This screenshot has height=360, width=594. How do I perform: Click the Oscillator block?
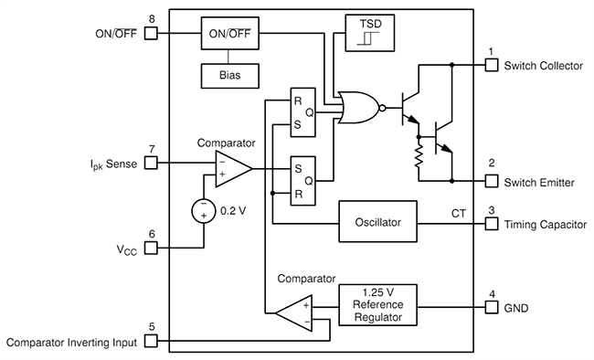pos(377,222)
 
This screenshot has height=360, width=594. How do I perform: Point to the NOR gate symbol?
pos(356,107)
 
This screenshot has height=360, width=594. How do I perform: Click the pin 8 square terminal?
pos(152,34)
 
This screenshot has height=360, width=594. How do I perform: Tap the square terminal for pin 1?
pos(491,65)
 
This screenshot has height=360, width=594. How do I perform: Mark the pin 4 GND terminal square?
pos(491,307)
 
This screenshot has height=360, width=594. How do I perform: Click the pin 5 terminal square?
pos(152,342)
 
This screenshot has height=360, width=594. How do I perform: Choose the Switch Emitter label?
pos(538,183)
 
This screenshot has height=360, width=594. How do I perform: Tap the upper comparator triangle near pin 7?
pos(231,168)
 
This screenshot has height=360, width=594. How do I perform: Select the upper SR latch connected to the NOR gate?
pos(302,111)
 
